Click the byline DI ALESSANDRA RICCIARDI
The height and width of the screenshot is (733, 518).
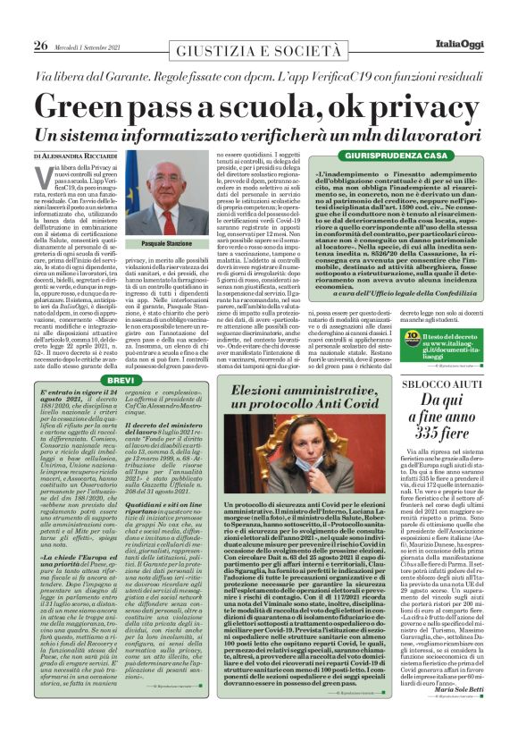pyautogui.click(x=88, y=156)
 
